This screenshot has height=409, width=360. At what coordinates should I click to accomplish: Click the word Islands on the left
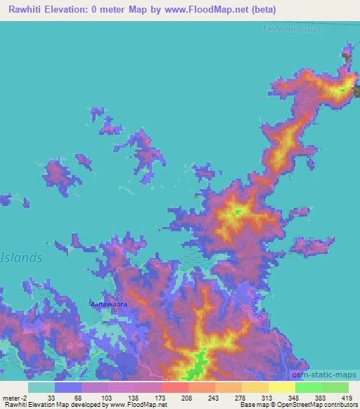tap(21, 258)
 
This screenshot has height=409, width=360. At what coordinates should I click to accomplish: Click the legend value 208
tap(187, 398)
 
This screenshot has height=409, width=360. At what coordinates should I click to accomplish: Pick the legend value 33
tap(51, 398)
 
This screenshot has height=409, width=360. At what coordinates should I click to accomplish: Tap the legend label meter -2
tap(15, 398)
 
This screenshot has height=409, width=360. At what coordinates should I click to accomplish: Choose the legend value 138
tap(132, 398)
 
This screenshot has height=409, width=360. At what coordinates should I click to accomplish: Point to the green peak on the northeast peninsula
tap(344, 89)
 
